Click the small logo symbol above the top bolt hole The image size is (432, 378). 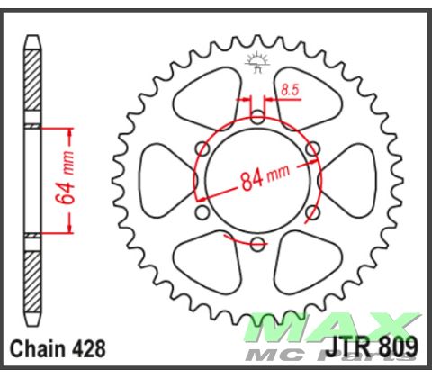coord(256,63)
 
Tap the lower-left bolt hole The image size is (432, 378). coord(202,212)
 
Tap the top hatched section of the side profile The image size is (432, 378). coord(33,81)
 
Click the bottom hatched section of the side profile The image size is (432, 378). coord(33,279)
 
